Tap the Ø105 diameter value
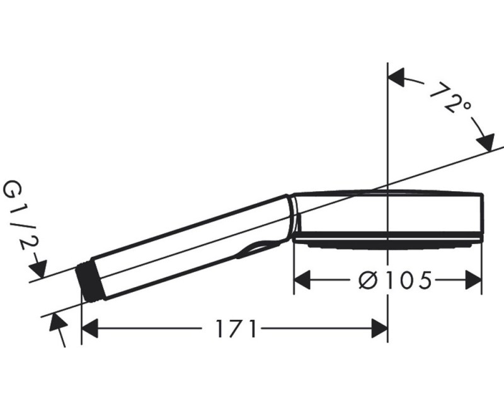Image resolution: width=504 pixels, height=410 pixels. tap(395, 279)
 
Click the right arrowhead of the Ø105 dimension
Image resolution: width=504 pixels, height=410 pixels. tap(474, 279)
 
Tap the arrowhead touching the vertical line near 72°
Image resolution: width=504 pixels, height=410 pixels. tap(396, 79)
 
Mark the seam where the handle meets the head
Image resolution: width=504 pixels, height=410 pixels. tap(292, 218)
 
